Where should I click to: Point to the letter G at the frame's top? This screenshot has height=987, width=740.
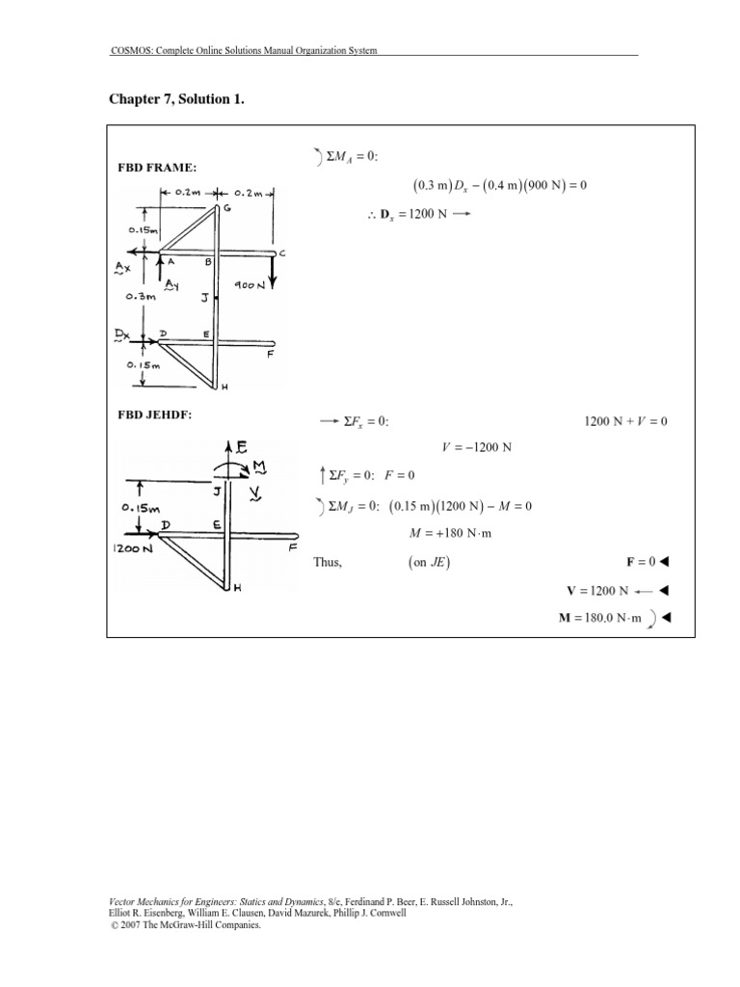pos(225,208)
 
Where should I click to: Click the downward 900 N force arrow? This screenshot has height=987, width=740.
pos(273,271)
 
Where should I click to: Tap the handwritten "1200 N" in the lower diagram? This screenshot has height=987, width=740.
pos(134,550)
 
